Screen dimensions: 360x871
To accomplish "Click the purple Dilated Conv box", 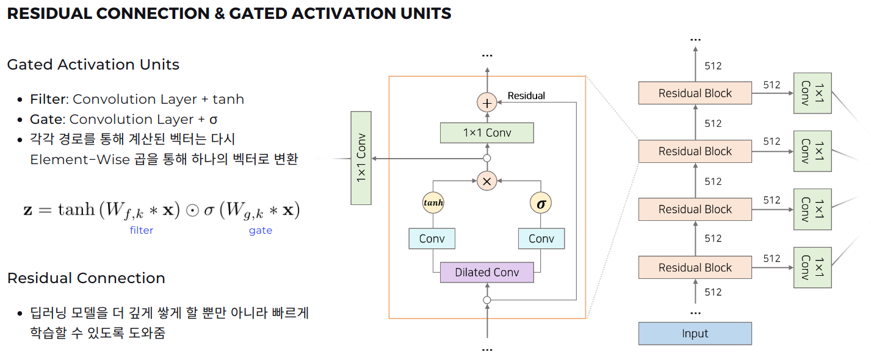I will tap(486, 272).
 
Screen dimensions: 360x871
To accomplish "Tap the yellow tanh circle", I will tap(432, 203).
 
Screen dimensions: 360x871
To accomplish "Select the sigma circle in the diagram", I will tap(541, 203).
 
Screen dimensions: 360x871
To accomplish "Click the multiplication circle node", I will tap(486, 181).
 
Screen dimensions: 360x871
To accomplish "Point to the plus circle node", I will tap(486, 103).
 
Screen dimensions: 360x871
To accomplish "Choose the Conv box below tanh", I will tap(432, 239).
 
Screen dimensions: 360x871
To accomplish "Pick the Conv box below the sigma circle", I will tap(541, 239).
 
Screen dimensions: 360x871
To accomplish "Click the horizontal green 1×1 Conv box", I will tap(486, 132).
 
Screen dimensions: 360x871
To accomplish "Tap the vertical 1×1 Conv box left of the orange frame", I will tap(361, 158).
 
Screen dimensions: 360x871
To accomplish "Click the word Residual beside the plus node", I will tap(526, 96).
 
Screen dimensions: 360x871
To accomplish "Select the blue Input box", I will tap(695, 334).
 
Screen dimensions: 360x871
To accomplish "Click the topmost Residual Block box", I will tap(695, 93).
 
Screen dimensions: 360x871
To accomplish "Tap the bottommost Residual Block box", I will tap(695, 268).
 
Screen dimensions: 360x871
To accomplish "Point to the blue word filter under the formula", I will tap(142, 231).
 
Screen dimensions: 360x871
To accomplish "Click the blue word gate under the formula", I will tap(261, 231).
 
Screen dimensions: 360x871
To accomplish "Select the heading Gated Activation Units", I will tap(93, 65).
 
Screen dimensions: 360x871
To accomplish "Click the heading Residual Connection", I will tap(86, 278).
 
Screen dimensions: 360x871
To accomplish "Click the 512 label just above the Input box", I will tap(713, 292).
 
